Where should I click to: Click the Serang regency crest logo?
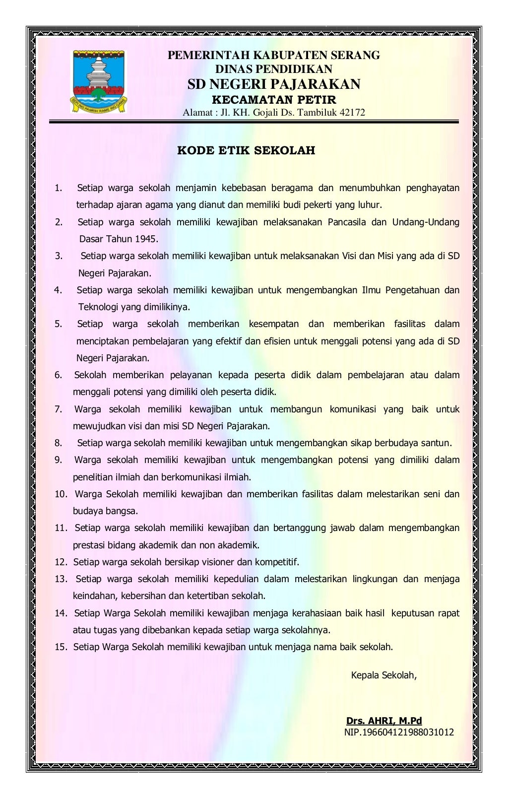pos(98,82)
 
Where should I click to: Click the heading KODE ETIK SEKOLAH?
pos(246,150)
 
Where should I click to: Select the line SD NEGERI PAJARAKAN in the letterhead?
pos(274,84)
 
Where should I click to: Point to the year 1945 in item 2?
pos(146,239)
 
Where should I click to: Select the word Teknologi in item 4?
pos(98,307)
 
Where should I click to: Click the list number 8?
pos(59,443)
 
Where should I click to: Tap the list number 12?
pos(61,562)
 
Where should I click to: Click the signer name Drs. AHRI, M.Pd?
pos(384,721)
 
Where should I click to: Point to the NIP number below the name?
pos(399,732)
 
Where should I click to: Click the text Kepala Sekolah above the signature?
pos(383,675)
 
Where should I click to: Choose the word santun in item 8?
pos(437,443)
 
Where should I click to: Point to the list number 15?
pos(61,647)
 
